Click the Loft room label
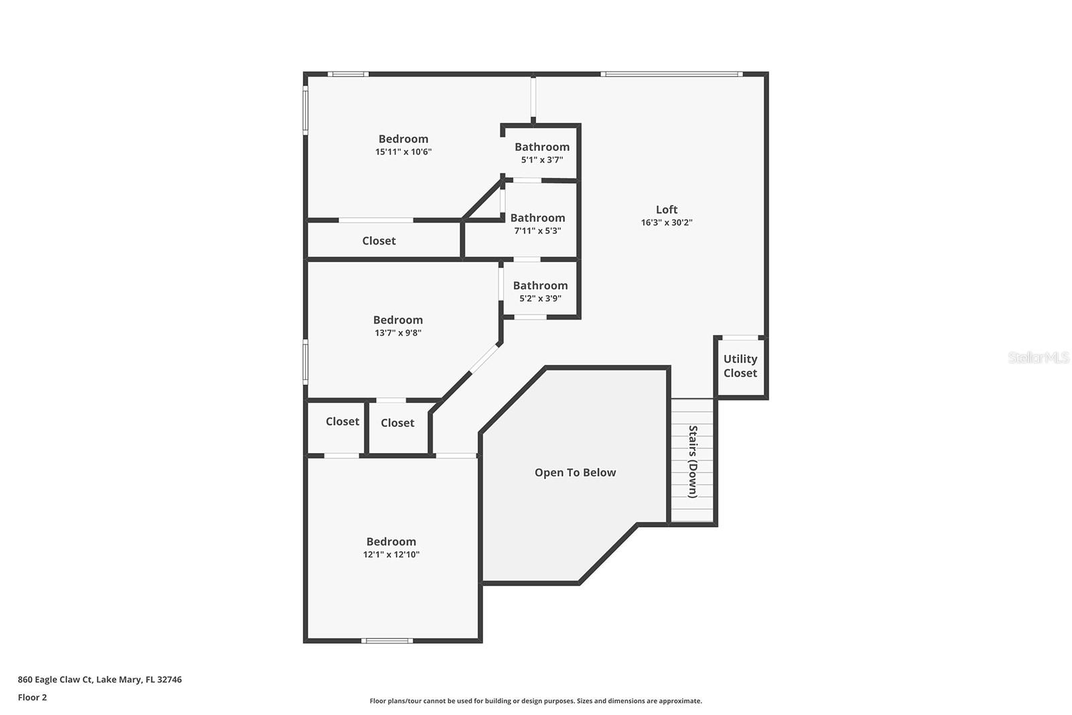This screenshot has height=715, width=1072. point(666,210)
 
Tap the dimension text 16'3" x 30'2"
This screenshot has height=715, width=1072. point(666,222)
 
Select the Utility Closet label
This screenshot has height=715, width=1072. point(740,366)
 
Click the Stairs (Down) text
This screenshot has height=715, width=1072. point(693,462)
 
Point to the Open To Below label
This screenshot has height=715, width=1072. point(575,472)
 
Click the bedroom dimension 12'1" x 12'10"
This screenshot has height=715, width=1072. point(391,554)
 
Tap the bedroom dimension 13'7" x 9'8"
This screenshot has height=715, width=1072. point(398,332)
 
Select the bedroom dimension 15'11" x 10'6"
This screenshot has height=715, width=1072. point(403,151)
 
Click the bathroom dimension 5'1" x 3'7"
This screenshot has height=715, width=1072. point(541,159)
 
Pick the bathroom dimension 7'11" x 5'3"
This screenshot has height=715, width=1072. point(537,231)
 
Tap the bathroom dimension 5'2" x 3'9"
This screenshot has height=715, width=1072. point(540,298)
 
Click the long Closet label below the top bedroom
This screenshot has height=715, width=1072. point(379,241)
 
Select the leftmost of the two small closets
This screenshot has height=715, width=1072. point(342,421)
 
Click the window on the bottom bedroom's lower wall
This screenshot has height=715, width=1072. point(387,641)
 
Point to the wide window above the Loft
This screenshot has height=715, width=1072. point(671,74)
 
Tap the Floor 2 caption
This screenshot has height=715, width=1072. point(32,697)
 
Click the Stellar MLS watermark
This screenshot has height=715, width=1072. point(1038,357)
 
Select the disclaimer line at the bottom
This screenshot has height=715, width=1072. point(535,701)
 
